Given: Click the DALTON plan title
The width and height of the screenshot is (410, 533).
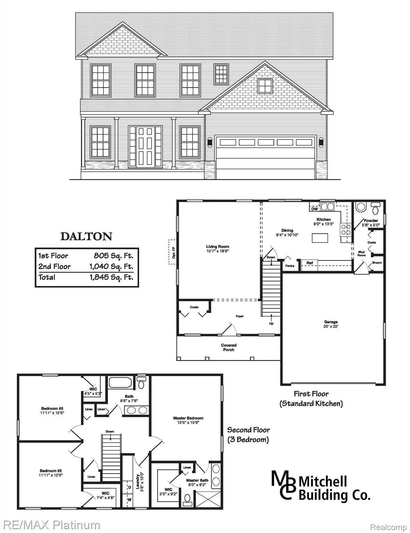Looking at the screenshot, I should (86, 237).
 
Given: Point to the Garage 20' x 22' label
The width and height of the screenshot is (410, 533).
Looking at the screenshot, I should (331, 324).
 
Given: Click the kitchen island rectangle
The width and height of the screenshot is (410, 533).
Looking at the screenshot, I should (319, 238).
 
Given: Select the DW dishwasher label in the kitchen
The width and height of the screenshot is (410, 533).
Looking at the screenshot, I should (314, 209).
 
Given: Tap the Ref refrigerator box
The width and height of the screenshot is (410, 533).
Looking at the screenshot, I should (310, 263).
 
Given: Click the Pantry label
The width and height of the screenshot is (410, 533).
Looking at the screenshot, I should (290, 266).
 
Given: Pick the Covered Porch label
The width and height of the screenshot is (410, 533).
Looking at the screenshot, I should (229, 347).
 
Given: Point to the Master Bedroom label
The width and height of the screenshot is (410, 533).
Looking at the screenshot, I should (188, 420).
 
